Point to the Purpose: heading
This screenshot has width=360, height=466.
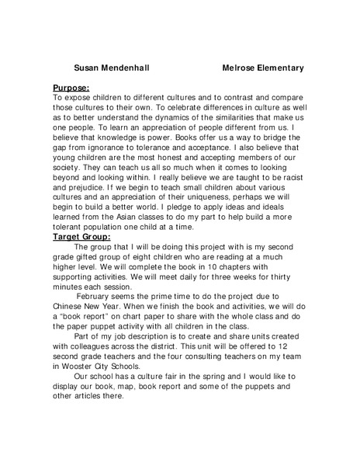point(71,88)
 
